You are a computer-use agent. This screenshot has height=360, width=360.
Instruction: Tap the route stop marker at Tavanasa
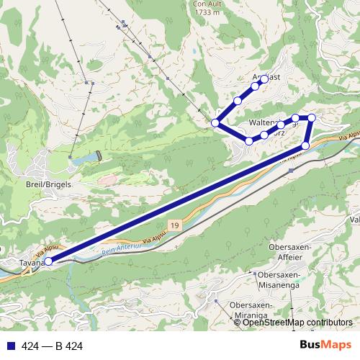[49, 262]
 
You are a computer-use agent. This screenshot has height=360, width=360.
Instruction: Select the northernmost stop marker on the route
[264, 79]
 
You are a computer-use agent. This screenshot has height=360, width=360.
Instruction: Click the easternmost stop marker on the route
[312, 117]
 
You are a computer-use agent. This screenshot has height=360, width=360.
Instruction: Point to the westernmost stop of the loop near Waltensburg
[215, 123]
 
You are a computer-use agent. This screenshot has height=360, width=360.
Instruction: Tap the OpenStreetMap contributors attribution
[297, 323]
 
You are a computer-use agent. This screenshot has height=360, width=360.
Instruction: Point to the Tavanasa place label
[29, 263]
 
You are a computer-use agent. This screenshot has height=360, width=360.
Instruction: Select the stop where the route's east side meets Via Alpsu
[305, 145]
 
